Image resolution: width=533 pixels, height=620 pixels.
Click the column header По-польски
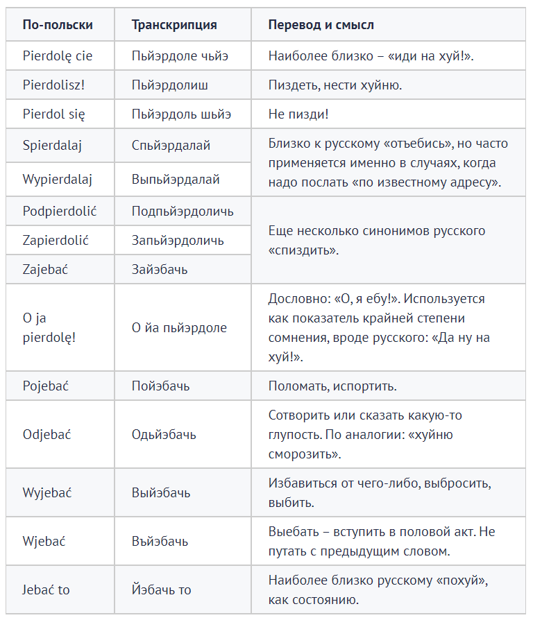pyautogui.click(x=58, y=25)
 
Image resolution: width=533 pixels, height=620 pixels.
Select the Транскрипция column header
pyautogui.click(x=174, y=25)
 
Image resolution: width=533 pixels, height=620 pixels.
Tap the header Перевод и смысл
pyautogui.click(x=321, y=25)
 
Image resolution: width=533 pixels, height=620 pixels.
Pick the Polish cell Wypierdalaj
pyautogui.click(x=58, y=179)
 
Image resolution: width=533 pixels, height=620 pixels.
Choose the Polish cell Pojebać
pyautogui.click(x=46, y=386)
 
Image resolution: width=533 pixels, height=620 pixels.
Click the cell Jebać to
pyautogui.click(x=46, y=589)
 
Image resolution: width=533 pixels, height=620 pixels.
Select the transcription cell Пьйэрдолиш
pyautogui.click(x=170, y=85)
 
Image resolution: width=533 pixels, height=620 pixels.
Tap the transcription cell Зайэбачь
pyautogui.click(x=160, y=269)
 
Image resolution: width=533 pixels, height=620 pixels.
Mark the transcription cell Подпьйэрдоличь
pyautogui.click(x=183, y=212)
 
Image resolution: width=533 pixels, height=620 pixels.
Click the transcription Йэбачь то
pyautogui.click(x=162, y=589)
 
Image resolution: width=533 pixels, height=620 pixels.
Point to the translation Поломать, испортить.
pyautogui.click(x=332, y=386)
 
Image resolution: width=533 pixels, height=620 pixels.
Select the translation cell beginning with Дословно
pyautogui.click(x=379, y=328)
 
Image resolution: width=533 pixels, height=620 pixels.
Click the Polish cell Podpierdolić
pyautogui.click(x=59, y=212)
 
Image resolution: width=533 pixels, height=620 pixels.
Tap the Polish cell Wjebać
pyautogui.click(x=44, y=541)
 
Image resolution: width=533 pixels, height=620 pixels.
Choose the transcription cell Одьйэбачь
pyautogui.click(x=164, y=435)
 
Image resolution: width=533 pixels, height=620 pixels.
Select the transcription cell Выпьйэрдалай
pyautogui.click(x=176, y=179)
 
